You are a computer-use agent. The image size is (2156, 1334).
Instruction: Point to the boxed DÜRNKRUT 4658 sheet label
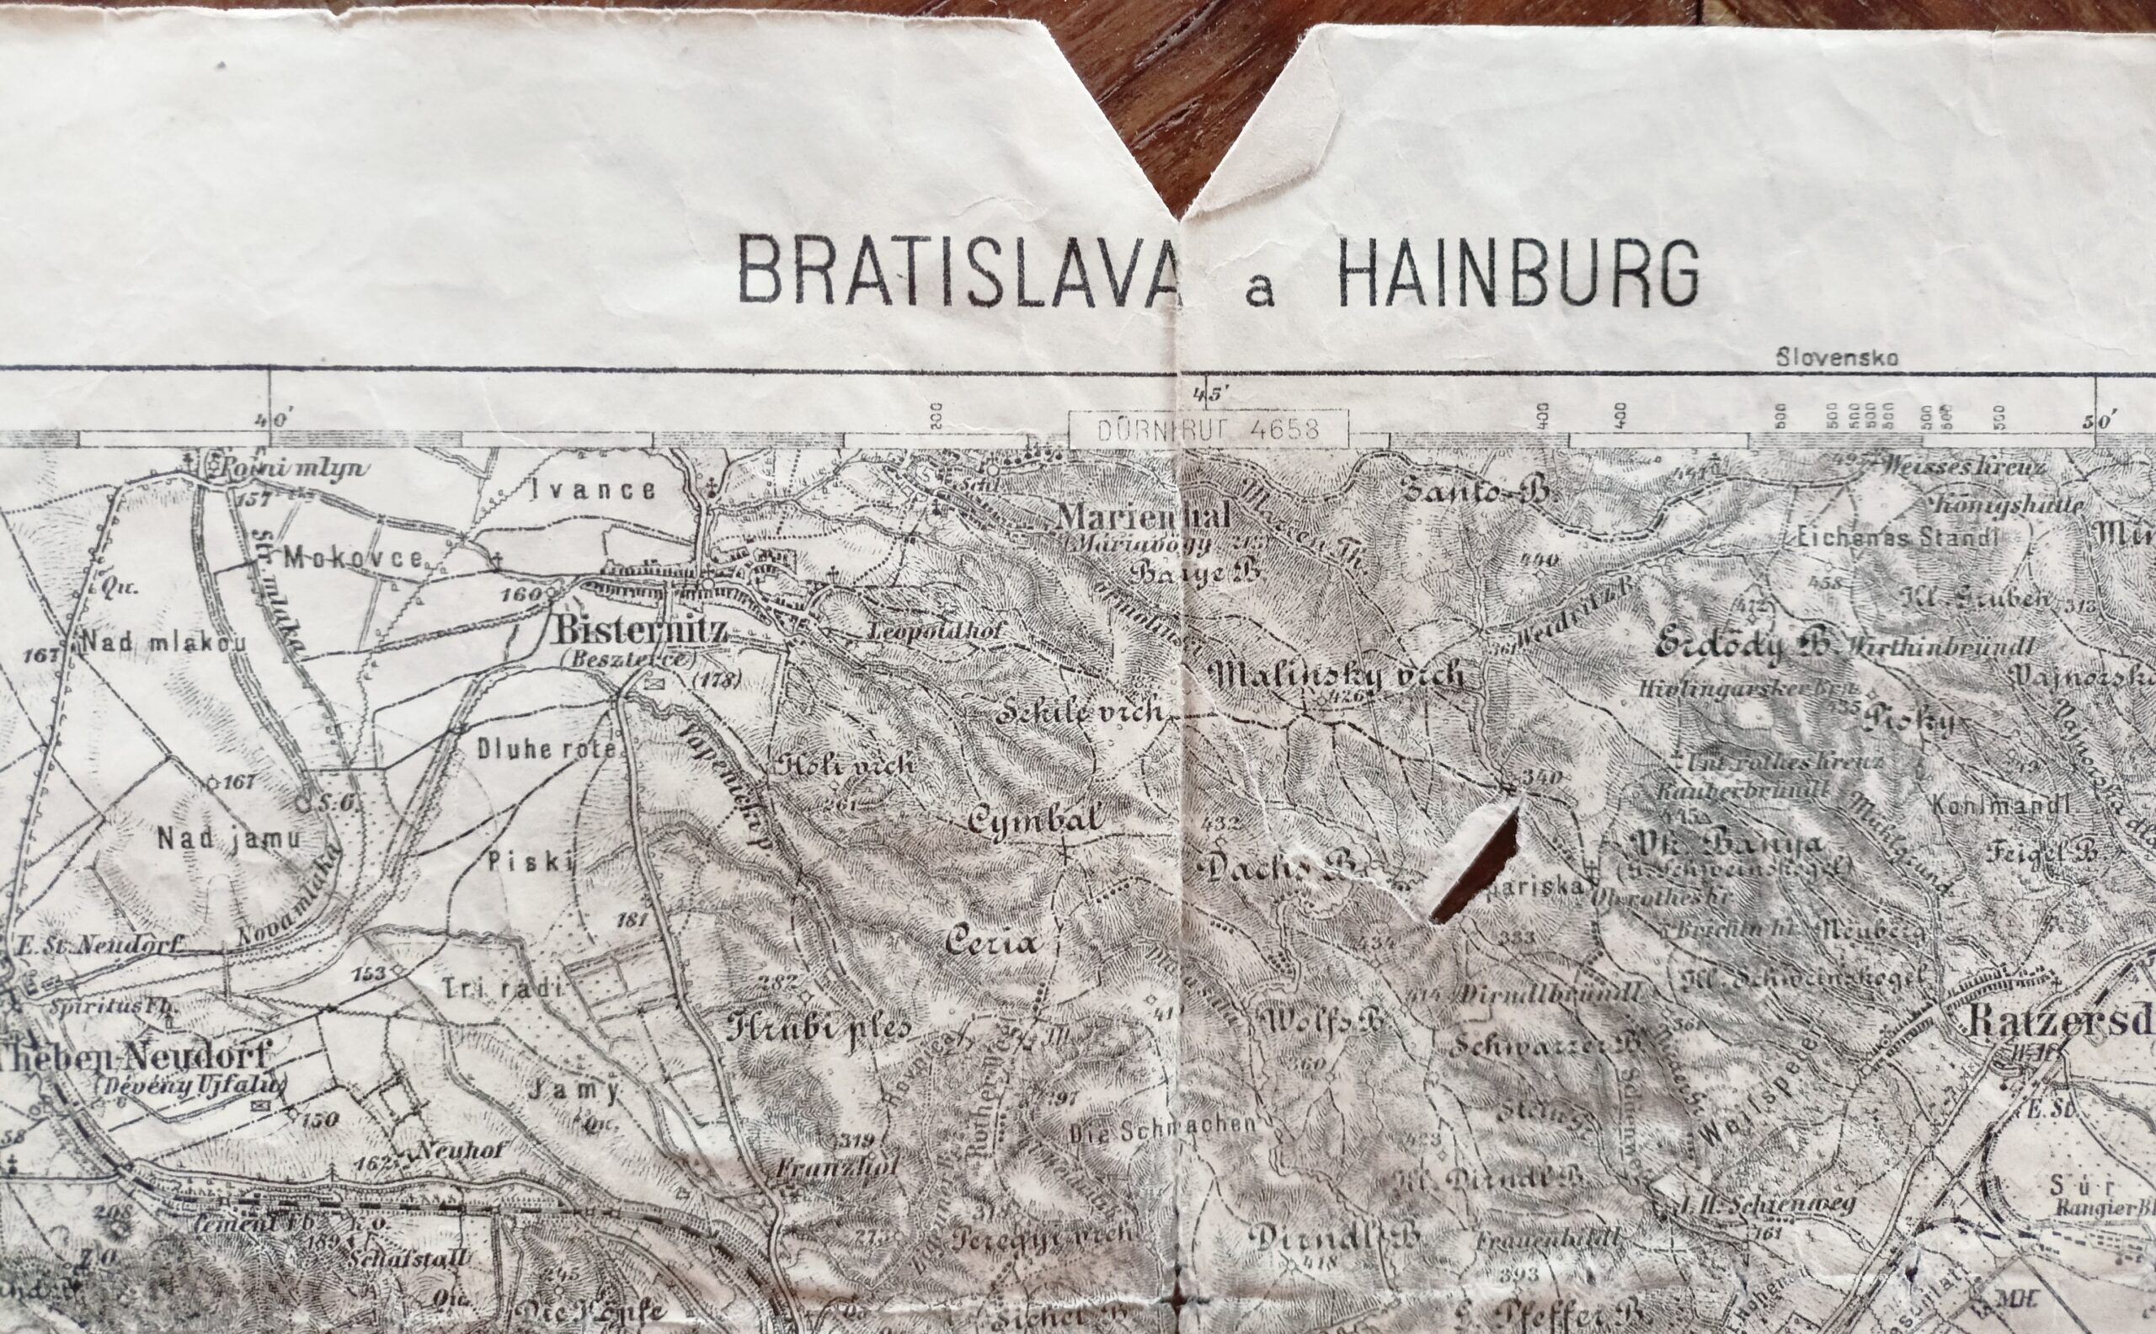(1208, 429)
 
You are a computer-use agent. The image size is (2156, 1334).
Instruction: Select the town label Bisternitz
(640, 631)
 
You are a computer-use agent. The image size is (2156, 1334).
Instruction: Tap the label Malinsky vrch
(1338, 675)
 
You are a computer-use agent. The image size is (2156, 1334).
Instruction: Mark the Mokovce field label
(355, 558)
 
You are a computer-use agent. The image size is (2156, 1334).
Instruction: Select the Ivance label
(592, 489)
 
